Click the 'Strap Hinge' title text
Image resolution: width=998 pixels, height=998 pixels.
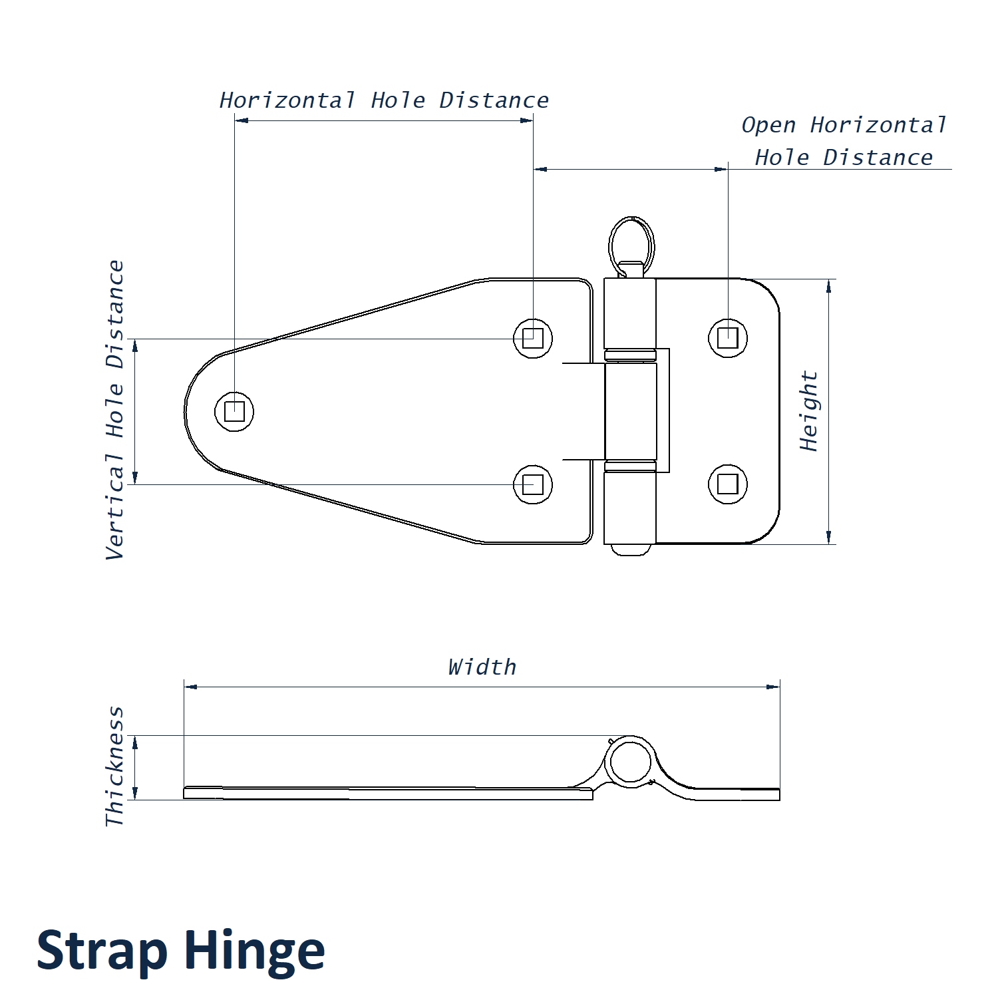180,950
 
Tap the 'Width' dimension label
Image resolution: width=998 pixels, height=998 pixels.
482,667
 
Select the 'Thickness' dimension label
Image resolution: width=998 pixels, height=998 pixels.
115,766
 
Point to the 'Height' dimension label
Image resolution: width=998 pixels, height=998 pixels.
808,411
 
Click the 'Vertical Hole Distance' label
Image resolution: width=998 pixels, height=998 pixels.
115,410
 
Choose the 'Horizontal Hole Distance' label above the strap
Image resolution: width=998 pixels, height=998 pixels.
384,100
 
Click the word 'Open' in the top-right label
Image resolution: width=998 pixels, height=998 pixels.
768,125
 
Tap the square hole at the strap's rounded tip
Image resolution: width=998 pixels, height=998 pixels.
234,411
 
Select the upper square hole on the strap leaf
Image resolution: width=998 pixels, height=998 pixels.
533,338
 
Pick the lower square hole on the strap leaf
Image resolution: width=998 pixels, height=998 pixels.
533,484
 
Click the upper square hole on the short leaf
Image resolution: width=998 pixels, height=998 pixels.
728,338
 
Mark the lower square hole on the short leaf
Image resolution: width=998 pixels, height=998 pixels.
728,484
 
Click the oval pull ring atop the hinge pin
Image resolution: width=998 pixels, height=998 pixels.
631,243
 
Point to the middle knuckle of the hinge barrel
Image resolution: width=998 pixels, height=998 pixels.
631,411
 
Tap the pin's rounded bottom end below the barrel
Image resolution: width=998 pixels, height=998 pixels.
630,550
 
